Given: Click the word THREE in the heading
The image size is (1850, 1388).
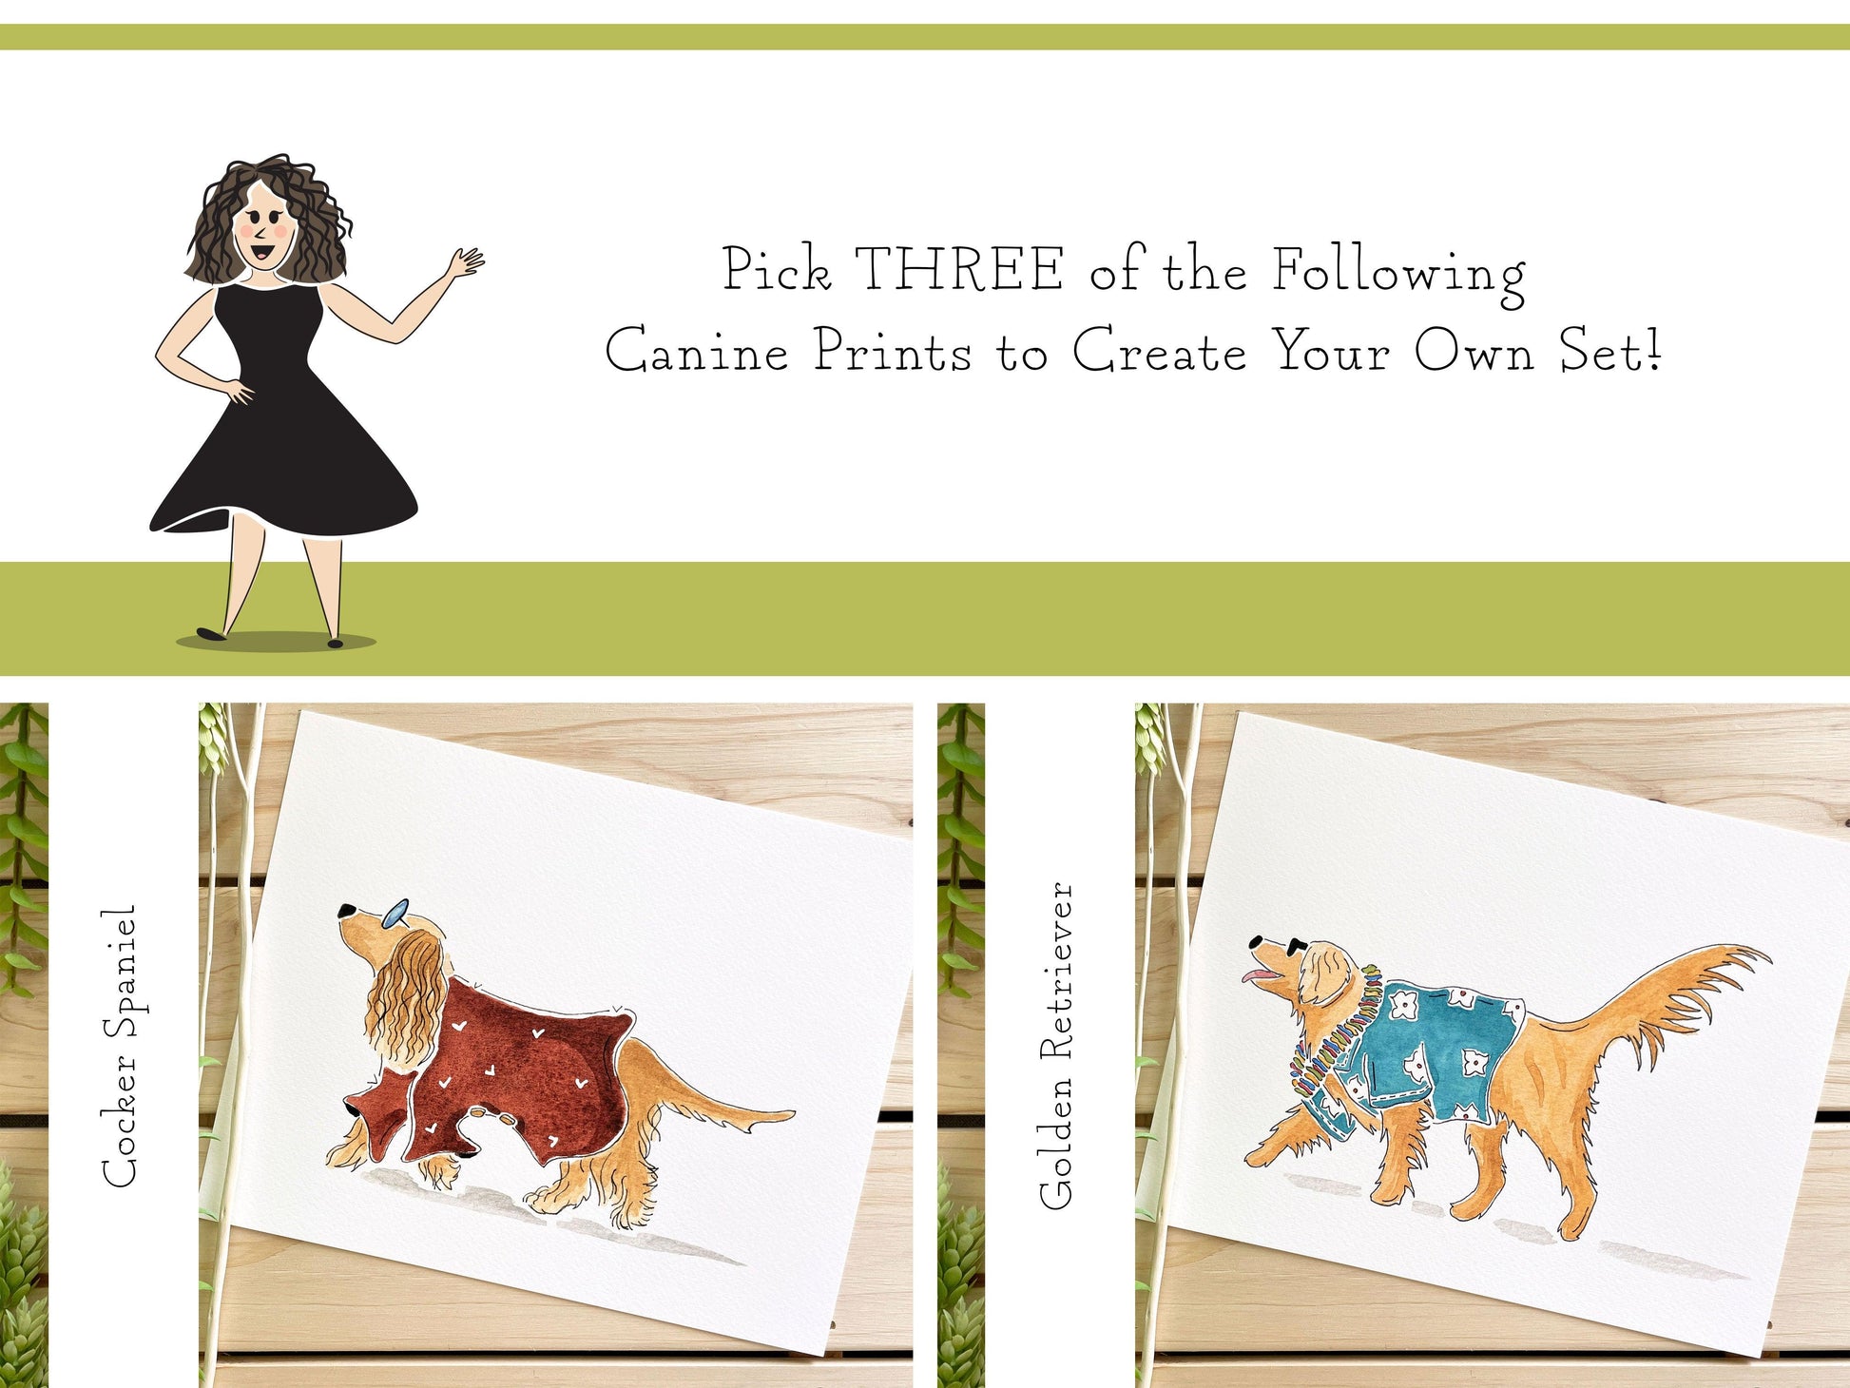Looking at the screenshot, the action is click(959, 269).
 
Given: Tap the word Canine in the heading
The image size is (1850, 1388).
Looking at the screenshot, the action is click(697, 351).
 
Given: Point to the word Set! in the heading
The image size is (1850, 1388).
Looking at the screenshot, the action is click(1609, 351).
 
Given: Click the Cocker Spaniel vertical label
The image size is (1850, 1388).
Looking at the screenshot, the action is click(121, 1045).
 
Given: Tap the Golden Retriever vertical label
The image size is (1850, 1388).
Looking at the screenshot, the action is click(1056, 1045).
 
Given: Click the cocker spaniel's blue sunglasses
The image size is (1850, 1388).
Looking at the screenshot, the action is click(394, 915).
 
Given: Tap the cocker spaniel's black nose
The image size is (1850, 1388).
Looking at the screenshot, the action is click(347, 911).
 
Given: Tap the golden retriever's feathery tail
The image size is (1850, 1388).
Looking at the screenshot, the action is click(1673, 1008).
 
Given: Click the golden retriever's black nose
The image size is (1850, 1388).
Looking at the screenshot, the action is click(1258, 942).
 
